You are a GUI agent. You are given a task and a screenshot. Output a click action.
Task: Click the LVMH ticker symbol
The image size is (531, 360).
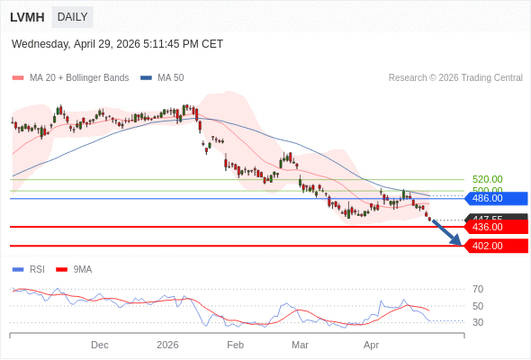click(x=27, y=17)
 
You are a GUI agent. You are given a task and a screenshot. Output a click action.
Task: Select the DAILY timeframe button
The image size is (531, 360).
click(x=72, y=17)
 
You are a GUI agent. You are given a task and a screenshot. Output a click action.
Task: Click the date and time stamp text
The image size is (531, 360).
click(x=117, y=44)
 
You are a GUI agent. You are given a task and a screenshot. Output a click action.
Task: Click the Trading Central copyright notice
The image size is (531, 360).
click(x=455, y=78)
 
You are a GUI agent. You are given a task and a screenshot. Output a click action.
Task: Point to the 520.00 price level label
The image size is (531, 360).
click(x=487, y=179)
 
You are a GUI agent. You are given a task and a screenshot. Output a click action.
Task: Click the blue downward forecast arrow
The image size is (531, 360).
click(x=447, y=231)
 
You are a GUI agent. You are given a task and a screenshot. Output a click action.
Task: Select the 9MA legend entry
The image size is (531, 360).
click(x=82, y=269)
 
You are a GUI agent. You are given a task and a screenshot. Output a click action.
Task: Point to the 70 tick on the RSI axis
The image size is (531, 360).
click(x=478, y=289)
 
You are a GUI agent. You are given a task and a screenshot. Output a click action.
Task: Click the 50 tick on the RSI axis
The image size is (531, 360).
click(x=478, y=306)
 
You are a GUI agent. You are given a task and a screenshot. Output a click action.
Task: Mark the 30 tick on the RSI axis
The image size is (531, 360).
click(x=478, y=322)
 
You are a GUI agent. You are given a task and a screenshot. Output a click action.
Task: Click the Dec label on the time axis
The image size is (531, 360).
click(x=100, y=345)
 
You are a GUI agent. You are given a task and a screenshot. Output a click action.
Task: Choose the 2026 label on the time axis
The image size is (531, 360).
click(x=167, y=345)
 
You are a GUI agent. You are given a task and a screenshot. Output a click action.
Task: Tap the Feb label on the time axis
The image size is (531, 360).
click(x=235, y=345)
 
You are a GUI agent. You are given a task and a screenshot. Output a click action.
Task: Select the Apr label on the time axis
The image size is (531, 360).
click(x=371, y=345)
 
